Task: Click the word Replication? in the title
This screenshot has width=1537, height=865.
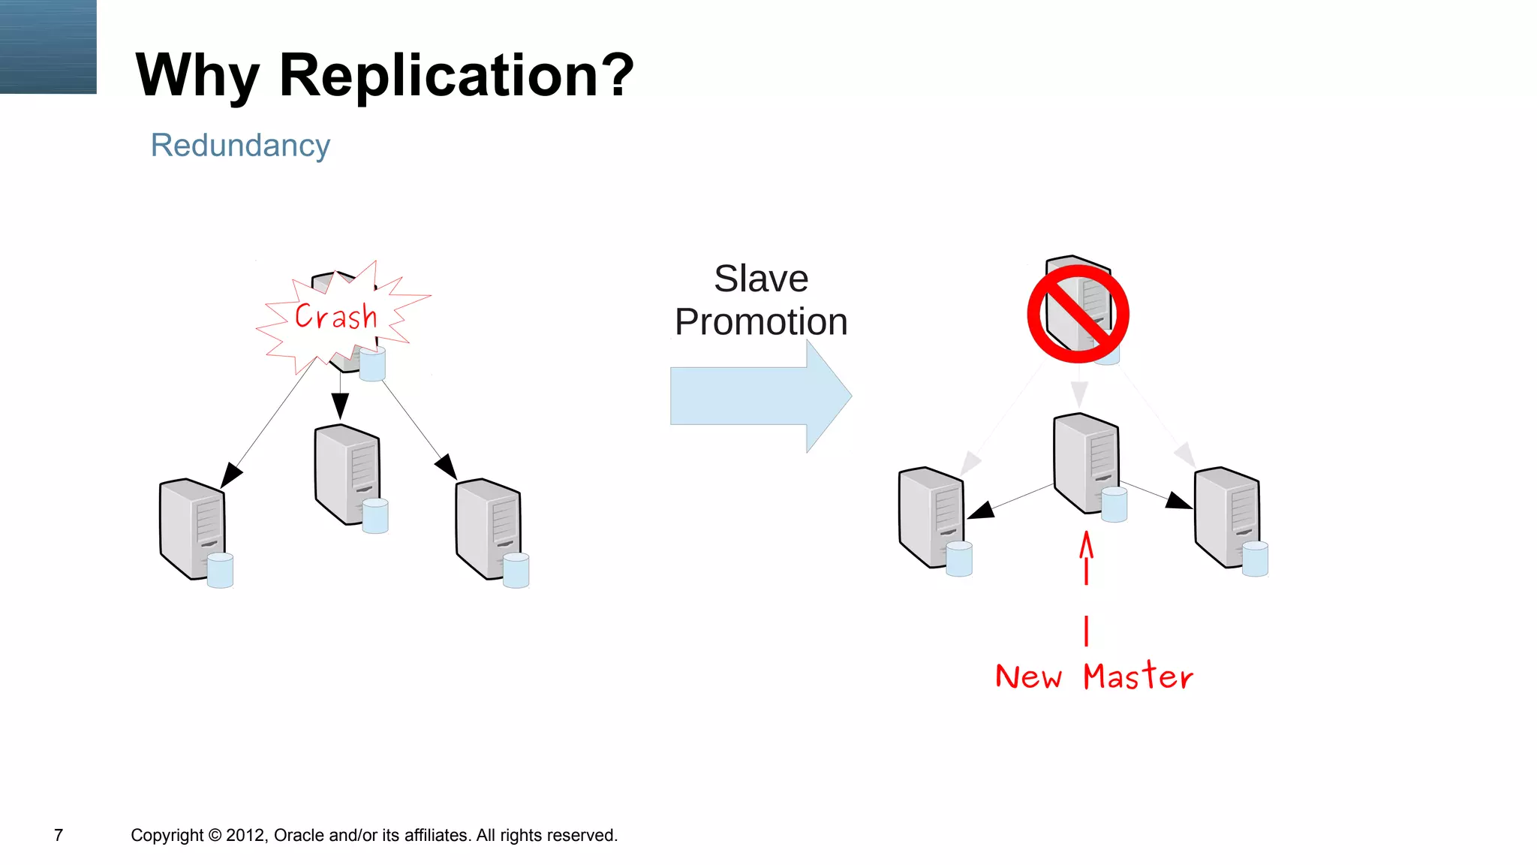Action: point(456,76)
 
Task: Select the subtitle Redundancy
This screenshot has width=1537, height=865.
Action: point(240,145)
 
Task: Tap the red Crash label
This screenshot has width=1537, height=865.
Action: point(335,316)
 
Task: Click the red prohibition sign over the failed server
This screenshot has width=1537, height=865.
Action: point(1078,314)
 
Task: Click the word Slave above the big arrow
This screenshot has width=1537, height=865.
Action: point(761,279)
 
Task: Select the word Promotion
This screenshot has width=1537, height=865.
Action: point(761,321)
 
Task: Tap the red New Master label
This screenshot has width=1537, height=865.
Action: point(1093,677)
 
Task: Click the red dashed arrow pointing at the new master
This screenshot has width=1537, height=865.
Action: point(1086,586)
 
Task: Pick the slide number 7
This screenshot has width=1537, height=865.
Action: point(59,835)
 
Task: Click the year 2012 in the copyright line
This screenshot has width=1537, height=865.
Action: point(245,835)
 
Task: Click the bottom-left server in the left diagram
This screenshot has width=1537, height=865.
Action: point(194,530)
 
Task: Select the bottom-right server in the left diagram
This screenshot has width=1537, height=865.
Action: point(490,530)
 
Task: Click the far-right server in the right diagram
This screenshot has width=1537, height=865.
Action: point(1229,519)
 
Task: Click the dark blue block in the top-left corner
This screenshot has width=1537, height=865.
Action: point(48,47)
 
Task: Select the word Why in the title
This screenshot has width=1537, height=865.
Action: point(197,76)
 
